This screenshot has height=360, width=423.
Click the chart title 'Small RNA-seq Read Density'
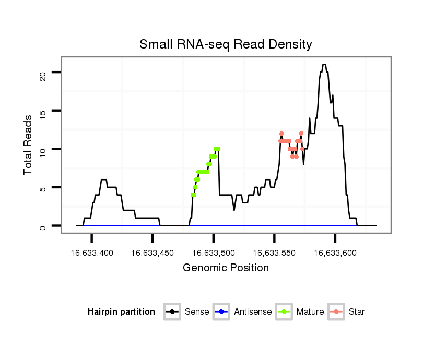click(226, 44)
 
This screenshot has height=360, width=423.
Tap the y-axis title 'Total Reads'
click(29, 145)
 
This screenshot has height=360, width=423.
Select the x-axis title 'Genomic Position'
click(226, 268)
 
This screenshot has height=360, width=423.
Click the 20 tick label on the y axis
click(43, 72)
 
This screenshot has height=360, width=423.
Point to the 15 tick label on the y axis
click(43, 111)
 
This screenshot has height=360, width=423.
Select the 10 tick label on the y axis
click(43, 149)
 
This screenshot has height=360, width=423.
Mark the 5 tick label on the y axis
click(43, 187)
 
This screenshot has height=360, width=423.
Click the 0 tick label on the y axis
click(43, 226)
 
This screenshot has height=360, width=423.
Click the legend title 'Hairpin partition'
click(121, 312)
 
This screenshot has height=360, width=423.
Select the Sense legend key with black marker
click(172, 312)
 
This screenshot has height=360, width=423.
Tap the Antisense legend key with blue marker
click(221, 312)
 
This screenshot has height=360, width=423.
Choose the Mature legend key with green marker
click(284, 312)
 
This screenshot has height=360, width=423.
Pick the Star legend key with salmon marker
click(336, 312)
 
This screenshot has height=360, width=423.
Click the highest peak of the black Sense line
click(324, 65)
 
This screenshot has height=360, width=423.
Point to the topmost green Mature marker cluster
click(217, 149)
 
